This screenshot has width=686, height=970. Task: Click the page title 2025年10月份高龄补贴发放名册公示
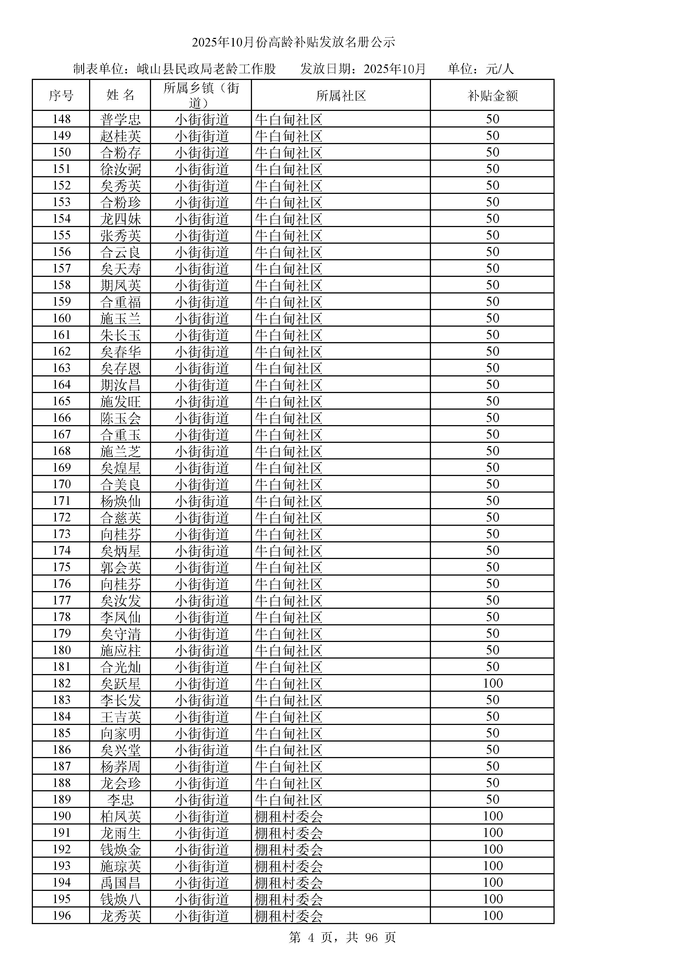point(293,42)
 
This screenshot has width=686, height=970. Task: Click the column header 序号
point(61,95)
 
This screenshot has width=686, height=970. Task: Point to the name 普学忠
point(120,119)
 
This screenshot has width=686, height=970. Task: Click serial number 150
point(62,152)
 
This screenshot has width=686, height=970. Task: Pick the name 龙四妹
point(120,219)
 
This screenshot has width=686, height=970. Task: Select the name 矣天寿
point(120,269)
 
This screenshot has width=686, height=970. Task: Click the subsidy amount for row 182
point(493,683)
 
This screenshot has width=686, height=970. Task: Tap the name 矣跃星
point(120,683)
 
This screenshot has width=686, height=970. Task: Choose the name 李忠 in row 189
point(120,800)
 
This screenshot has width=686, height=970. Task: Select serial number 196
point(62,916)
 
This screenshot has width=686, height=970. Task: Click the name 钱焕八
point(120,899)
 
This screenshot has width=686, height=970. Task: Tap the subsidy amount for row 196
point(493,916)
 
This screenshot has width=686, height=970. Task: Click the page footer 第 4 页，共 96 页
point(342,937)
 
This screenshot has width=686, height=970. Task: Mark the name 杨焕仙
point(120,501)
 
